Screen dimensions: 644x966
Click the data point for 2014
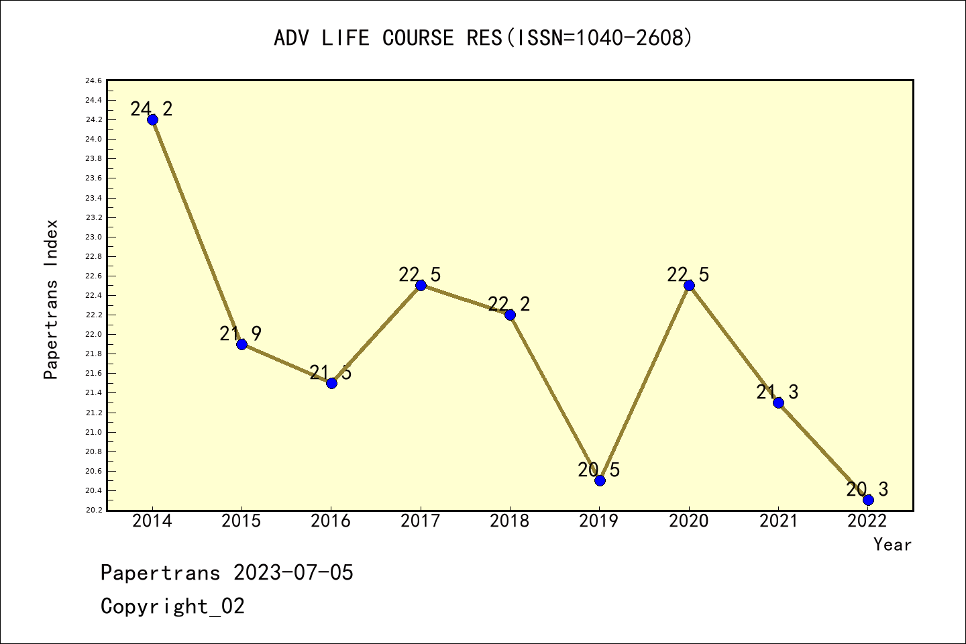coord(152,119)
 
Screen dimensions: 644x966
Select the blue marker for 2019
coord(600,480)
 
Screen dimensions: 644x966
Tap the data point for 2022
coord(868,500)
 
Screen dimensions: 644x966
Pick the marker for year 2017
coord(421,285)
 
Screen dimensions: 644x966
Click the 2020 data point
coord(689,285)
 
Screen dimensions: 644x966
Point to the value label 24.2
coord(152,109)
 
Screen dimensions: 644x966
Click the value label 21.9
coord(241,333)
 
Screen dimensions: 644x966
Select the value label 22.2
coord(509,305)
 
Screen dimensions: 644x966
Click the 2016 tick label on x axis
coord(331,521)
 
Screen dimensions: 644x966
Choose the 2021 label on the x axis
coord(778,521)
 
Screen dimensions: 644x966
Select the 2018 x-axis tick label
coord(510,521)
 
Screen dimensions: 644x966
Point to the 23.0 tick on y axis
coord(93,237)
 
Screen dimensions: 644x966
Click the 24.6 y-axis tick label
coord(93,81)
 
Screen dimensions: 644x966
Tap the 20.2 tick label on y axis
coord(93,511)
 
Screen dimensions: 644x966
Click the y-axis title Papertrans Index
coord(52,299)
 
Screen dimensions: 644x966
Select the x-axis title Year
coord(892,545)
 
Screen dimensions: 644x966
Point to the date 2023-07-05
coord(293,573)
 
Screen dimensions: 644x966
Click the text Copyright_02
coord(173,606)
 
